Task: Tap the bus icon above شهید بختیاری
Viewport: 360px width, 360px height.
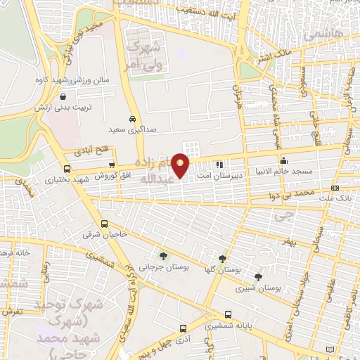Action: [67, 169]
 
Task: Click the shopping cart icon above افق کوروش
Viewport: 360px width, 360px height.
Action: [112, 165]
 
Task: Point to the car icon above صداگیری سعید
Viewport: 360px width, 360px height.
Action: [133, 119]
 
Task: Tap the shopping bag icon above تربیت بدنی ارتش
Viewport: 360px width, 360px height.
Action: [64, 97]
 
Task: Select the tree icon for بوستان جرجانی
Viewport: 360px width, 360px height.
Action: [163, 256]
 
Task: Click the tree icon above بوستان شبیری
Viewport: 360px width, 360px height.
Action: [258, 276]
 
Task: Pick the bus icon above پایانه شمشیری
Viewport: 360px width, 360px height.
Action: [227, 315]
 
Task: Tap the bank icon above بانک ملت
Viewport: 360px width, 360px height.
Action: [335, 188]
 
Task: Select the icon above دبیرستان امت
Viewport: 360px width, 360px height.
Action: [219, 165]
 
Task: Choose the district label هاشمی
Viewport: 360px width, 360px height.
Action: [323, 32]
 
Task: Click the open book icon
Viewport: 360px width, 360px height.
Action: [330, 349]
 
